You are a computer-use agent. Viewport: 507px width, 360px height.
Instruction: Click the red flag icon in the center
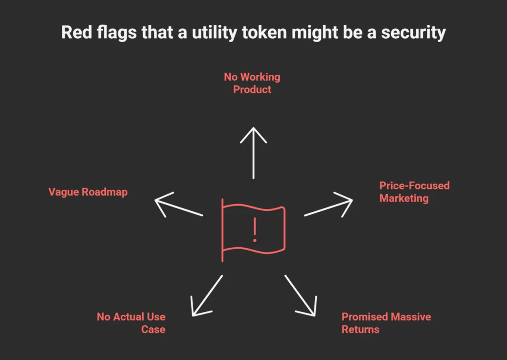click(x=254, y=229)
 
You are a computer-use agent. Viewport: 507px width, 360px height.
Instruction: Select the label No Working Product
click(x=252, y=83)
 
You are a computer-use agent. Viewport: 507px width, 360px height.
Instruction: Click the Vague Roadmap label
click(x=88, y=192)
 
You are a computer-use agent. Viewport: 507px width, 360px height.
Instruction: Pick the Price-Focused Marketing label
click(x=414, y=192)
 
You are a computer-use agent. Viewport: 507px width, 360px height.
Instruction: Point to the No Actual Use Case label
click(x=131, y=323)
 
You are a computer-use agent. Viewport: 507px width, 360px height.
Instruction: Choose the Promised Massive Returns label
click(x=386, y=323)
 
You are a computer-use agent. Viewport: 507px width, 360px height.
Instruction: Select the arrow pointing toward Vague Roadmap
click(x=178, y=204)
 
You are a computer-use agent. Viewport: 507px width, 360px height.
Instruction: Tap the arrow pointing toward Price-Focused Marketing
click(x=329, y=204)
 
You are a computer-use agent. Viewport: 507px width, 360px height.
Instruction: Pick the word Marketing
click(x=404, y=199)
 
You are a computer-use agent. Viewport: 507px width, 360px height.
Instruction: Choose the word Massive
click(x=406, y=317)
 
